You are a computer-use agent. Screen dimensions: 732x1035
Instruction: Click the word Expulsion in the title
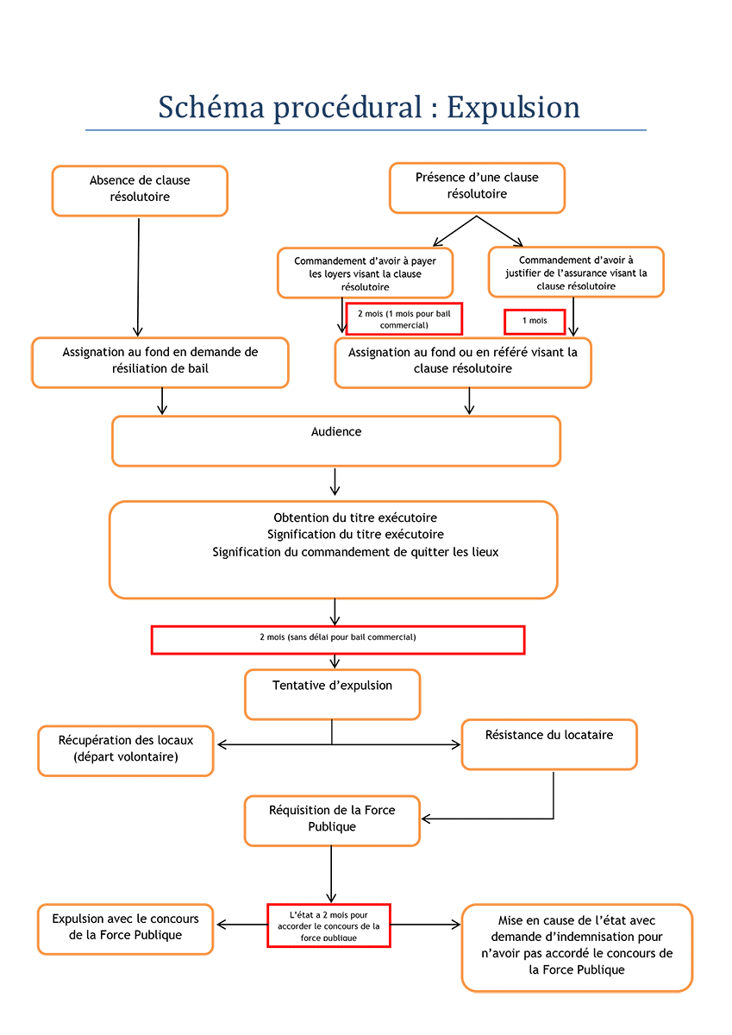pos(513,108)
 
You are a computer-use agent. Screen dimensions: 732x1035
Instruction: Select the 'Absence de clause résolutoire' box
pos(140,191)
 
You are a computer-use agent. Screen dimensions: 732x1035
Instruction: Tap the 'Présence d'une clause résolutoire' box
pos(477,188)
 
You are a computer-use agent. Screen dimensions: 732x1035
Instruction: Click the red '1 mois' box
pos(535,322)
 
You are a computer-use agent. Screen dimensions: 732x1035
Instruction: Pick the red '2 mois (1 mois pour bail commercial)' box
pos(404,319)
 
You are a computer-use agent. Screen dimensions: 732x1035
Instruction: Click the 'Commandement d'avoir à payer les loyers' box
pos(366,273)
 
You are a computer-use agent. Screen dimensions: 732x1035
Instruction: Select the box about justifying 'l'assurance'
pos(576,273)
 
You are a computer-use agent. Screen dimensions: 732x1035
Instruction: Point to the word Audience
pos(336,431)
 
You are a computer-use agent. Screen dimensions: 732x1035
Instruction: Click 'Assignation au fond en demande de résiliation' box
pos(160,363)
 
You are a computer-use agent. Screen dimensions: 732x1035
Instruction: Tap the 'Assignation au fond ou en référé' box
pos(463,363)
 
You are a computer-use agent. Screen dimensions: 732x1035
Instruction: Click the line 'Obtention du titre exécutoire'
pos(355,517)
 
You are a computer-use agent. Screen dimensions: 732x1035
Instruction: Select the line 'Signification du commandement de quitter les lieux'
pos(355,552)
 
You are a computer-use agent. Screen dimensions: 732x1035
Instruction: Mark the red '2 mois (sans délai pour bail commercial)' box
pos(338,640)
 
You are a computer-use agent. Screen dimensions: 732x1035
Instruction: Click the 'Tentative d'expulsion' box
pos(333,694)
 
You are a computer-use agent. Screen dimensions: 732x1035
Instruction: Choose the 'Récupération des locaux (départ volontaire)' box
pos(126,751)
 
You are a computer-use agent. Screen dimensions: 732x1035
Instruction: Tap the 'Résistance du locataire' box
pos(549,744)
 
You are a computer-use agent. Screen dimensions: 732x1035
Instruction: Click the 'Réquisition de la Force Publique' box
pos(332,820)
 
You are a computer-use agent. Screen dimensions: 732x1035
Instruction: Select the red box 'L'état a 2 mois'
pos(328,925)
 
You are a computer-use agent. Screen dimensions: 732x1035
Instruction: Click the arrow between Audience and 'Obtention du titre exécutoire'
pos(335,481)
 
